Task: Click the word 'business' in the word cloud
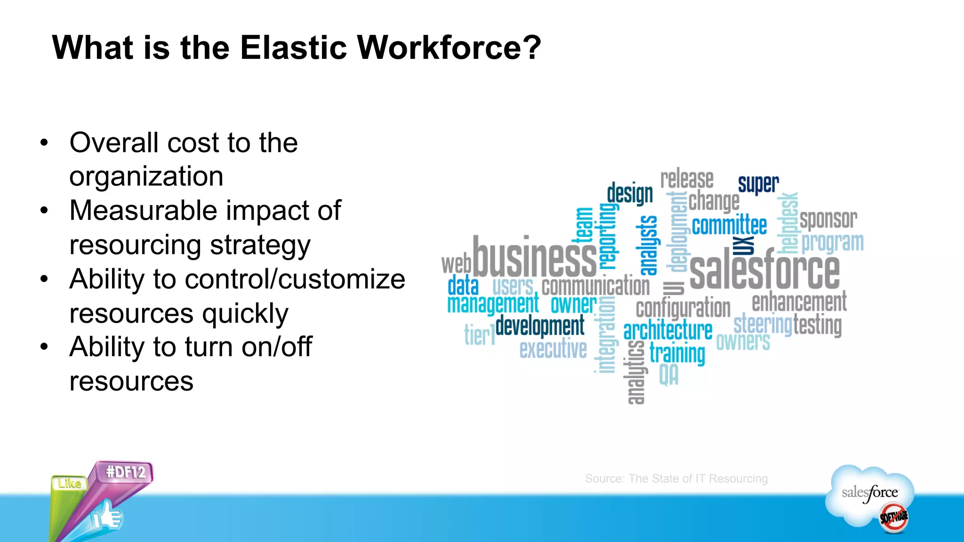point(535,258)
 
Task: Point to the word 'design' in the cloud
point(630,193)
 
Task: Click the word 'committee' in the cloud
point(729,225)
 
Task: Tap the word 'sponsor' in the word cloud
point(828,219)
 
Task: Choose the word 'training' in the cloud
point(677,353)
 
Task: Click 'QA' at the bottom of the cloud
point(668,375)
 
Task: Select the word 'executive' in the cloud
point(553,349)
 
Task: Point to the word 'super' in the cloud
point(758,183)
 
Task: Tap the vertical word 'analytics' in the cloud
point(636,372)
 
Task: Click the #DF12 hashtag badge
point(126,471)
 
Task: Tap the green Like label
point(69,483)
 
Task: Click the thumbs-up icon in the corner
point(108,518)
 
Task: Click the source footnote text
point(676,478)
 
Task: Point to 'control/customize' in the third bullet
point(295,279)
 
